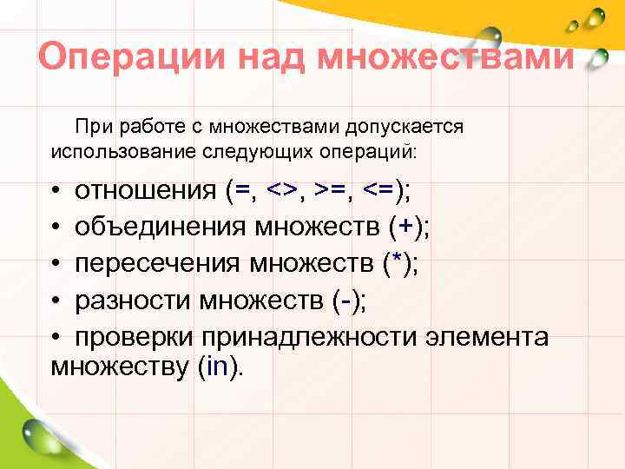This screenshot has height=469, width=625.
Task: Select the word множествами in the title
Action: tap(446, 58)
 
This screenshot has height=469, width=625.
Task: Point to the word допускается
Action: tap(404, 127)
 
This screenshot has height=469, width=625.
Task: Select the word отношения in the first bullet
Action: tap(145, 191)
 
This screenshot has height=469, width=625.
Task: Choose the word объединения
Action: tap(161, 228)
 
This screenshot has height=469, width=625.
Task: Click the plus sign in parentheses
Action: tap(402, 228)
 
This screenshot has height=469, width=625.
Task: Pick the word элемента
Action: tap(497, 337)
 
